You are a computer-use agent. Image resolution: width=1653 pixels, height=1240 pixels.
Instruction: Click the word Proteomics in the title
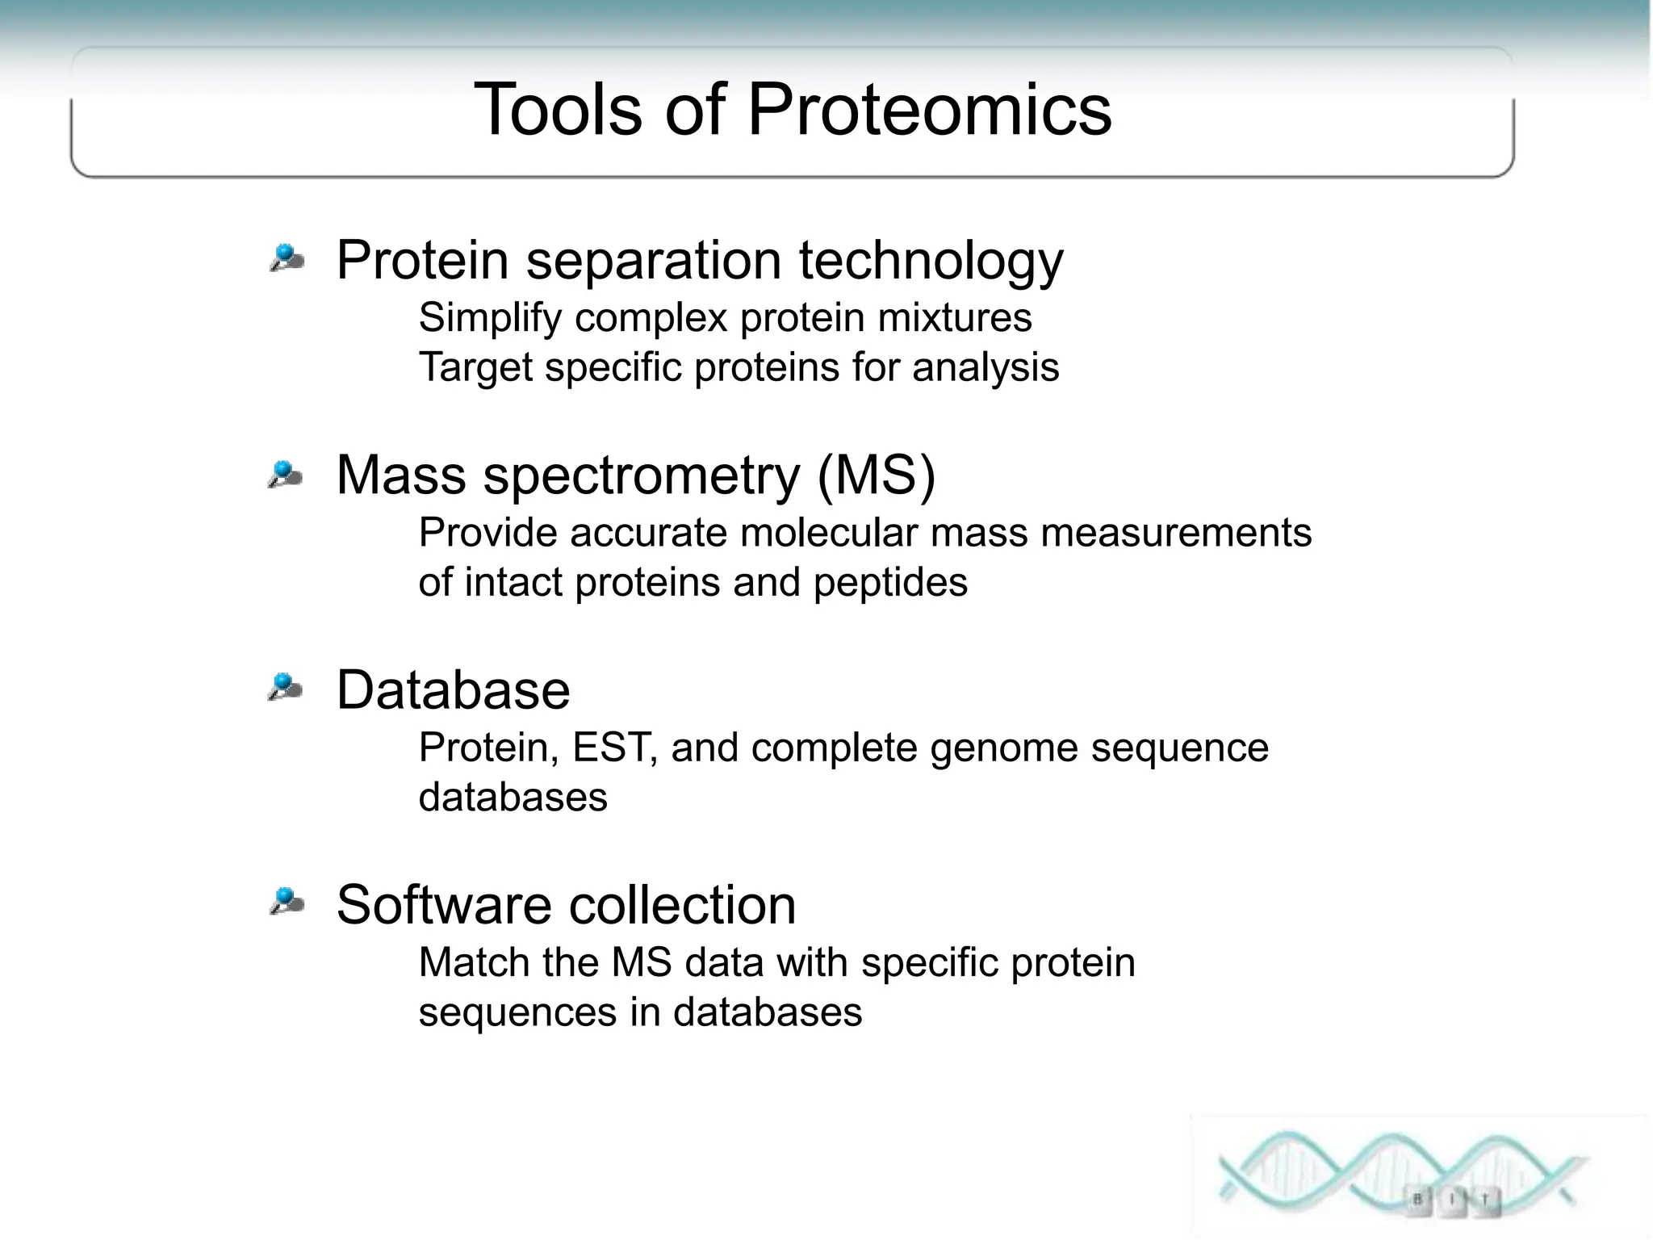click(x=928, y=111)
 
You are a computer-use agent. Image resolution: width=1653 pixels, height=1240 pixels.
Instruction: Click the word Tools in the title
click(x=558, y=111)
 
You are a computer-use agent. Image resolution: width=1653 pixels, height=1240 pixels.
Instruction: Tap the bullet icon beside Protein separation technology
click(x=287, y=258)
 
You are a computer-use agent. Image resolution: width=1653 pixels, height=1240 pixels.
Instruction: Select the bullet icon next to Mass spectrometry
click(x=285, y=474)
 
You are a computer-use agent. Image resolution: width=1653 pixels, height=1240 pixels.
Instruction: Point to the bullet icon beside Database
click(x=285, y=688)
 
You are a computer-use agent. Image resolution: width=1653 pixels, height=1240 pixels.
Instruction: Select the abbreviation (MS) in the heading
click(x=877, y=475)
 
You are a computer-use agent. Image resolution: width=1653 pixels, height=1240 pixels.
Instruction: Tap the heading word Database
click(x=453, y=690)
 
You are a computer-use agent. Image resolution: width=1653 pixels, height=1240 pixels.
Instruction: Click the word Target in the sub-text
click(x=475, y=368)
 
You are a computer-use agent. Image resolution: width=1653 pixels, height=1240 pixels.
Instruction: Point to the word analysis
click(x=985, y=368)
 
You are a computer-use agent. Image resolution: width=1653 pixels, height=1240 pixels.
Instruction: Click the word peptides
click(x=889, y=583)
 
